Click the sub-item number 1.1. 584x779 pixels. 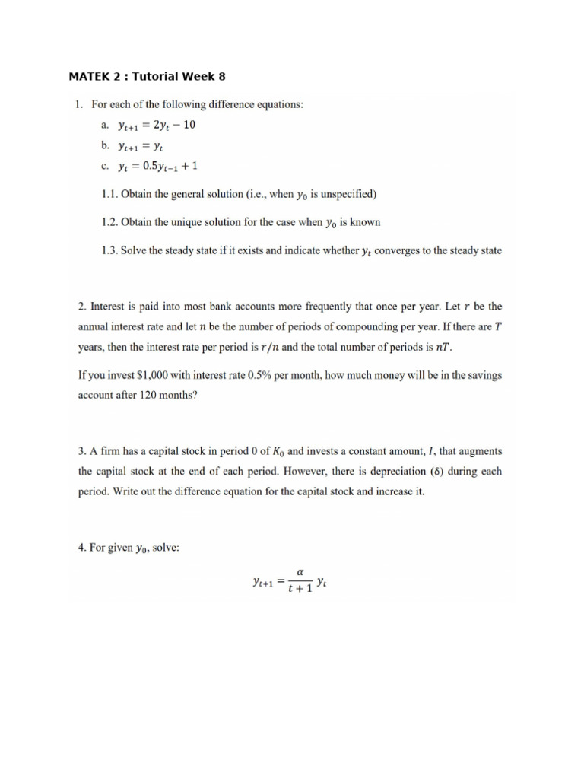[x=111, y=194]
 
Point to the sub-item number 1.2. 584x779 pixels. [x=111, y=222]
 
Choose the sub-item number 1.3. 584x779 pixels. [x=111, y=250]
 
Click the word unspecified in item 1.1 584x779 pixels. [x=344, y=194]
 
